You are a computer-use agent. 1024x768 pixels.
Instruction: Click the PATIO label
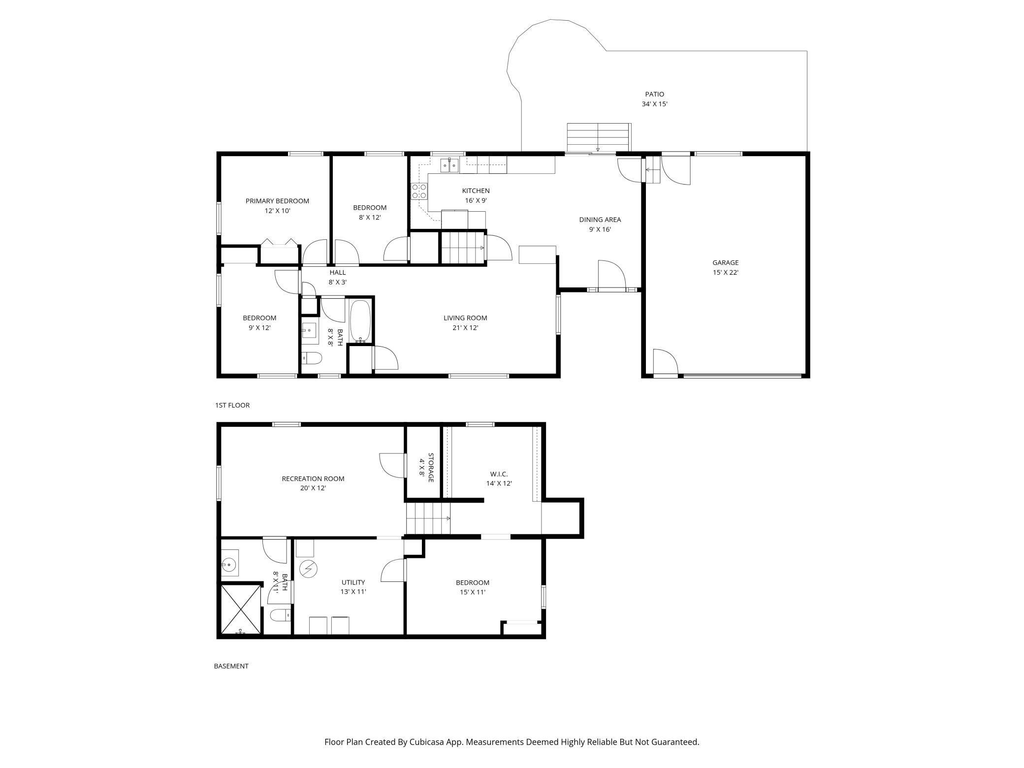tap(654, 94)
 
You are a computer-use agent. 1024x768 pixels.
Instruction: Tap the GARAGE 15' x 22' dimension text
tap(725, 272)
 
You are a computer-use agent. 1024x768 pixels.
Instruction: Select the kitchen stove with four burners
tap(419, 191)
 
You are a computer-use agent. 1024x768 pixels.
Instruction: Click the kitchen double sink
tap(449, 165)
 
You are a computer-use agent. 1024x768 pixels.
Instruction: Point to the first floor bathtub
tap(360, 321)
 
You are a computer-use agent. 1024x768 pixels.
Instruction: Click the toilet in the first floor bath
tap(312, 357)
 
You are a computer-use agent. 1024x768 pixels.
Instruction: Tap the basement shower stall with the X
tap(240, 609)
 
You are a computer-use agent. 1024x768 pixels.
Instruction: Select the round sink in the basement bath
tap(229, 563)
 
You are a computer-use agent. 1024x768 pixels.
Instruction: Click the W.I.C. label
tap(499, 474)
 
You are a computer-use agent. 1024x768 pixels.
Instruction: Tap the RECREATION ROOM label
tap(313, 479)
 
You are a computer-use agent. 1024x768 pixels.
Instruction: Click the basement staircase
tap(427, 518)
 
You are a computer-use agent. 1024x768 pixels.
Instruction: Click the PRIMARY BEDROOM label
tap(277, 201)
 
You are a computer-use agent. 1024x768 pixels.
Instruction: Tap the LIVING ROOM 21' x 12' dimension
tap(465, 328)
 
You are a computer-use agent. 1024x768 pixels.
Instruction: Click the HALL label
tap(337, 272)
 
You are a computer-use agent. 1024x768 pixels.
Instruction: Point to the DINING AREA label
tap(600, 220)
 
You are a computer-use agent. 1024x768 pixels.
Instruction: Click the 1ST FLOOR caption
tap(232, 405)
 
